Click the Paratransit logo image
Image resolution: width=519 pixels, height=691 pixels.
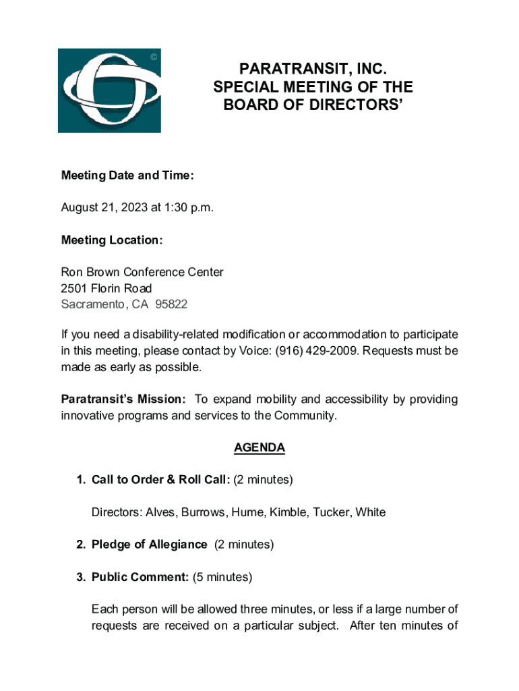click(109, 90)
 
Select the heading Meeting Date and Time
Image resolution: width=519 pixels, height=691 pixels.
click(127, 175)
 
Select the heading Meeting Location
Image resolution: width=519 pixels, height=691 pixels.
click(112, 240)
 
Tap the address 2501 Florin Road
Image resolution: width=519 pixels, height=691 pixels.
click(106, 288)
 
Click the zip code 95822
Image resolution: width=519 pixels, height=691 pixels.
click(171, 304)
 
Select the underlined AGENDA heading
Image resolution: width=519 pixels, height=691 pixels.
click(259, 447)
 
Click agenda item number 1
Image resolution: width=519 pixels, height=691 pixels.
click(80, 480)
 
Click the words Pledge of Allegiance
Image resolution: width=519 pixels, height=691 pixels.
click(149, 545)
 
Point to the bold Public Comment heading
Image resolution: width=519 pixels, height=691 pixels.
click(140, 577)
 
